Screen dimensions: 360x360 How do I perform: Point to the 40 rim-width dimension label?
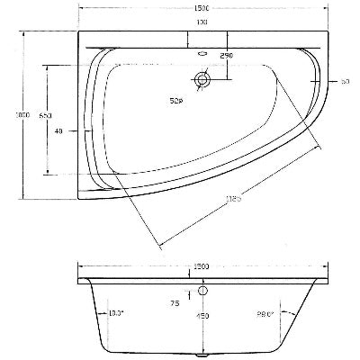tap(59, 132)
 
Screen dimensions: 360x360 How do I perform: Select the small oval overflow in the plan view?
tap(202, 51)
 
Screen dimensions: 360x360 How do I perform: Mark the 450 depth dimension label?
tap(203, 315)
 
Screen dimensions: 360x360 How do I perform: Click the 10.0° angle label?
tap(115, 312)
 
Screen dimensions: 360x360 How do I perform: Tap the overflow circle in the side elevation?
tap(203, 292)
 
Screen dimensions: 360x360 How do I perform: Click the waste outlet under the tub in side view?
tap(202, 353)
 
